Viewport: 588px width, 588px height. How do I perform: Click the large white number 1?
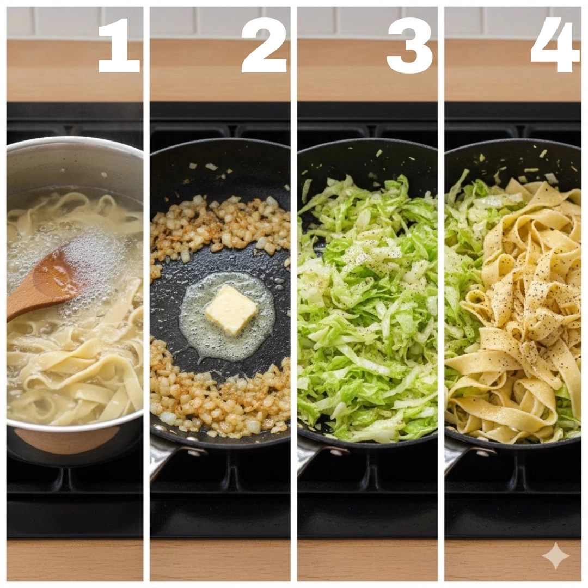119,45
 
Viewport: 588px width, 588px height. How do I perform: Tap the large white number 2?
264,45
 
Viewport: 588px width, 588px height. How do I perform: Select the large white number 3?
409,45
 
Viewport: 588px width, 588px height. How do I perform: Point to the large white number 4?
555,45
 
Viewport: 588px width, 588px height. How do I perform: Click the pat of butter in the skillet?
231,309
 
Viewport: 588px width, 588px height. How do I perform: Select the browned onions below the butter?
221,394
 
